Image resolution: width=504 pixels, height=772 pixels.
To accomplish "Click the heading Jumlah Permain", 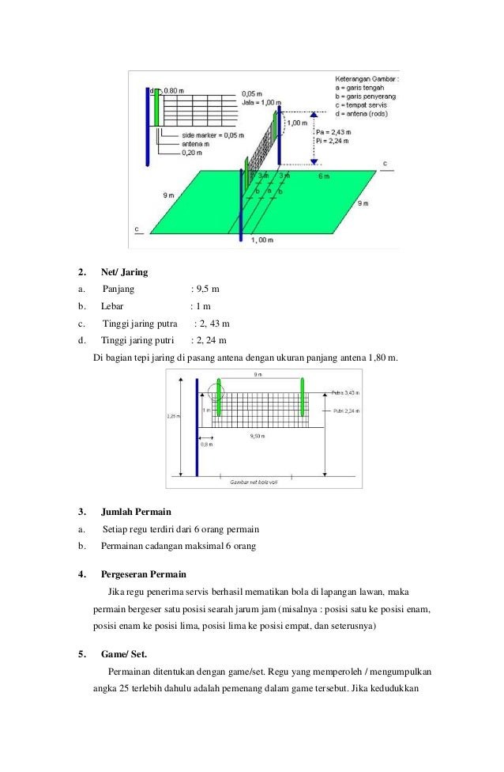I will click(135, 512).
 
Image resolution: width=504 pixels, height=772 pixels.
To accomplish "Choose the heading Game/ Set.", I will click(123, 653).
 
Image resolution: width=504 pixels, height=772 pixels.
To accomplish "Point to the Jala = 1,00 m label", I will click(261, 103).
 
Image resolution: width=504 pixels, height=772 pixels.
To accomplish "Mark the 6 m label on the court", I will click(323, 176).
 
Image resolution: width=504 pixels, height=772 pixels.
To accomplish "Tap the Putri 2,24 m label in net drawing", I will click(345, 411).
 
